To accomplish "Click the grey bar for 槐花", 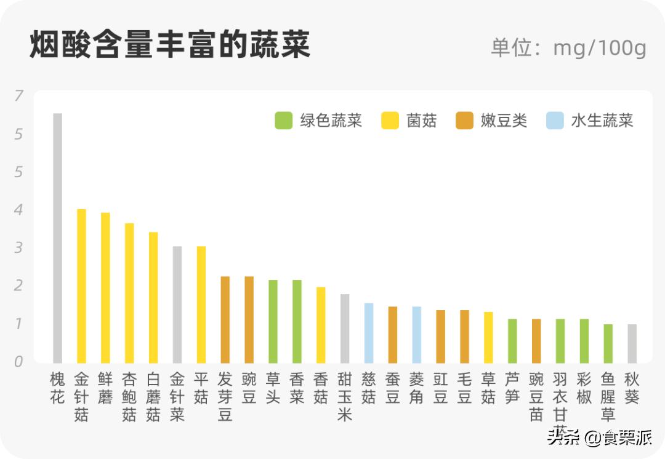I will tap(57, 238).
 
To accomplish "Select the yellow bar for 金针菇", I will tap(81, 286).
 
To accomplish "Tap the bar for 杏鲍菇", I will tap(129, 293).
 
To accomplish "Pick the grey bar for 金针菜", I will tap(177, 305).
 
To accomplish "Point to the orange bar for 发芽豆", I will tap(225, 319).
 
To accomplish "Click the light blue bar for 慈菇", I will tap(369, 333).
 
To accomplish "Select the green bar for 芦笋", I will tap(512, 341).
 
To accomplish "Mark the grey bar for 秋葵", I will tap(632, 343).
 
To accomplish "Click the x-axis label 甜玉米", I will tap(345, 397).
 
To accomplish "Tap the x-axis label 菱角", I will tap(416, 388).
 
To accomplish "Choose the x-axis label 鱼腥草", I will tap(608, 397).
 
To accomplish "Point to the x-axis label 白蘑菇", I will tap(153, 397).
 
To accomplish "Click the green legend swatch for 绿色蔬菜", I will tap(284, 121).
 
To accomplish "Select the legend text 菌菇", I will tap(422, 121).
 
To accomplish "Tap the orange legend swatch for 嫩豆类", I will tap(464, 121).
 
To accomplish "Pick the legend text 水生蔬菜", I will tap(602, 121).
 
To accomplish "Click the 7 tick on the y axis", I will tap(18, 95).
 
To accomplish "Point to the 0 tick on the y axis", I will tap(18, 362).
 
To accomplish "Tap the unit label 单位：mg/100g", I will tap(568, 47).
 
